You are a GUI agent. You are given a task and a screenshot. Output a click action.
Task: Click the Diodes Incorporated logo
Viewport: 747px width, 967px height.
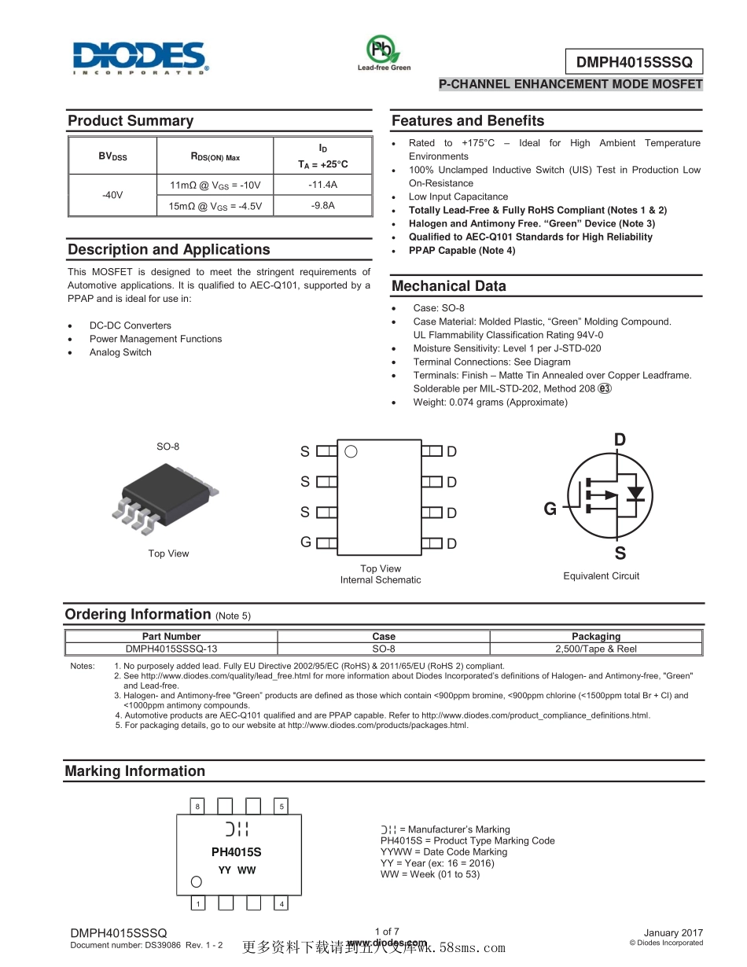pyautogui.click(x=141, y=58)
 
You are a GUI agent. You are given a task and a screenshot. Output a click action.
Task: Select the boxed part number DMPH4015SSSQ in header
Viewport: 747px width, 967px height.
pyautogui.click(x=634, y=62)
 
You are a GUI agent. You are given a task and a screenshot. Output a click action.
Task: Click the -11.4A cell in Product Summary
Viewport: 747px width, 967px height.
pyautogui.click(x=322, y=185)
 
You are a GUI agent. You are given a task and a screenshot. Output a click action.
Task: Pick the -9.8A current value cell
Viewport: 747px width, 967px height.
pyautogui.click(x=322, y=206)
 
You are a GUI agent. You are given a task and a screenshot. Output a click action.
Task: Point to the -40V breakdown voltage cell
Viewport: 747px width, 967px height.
pyautogui.click(x=112, y=195)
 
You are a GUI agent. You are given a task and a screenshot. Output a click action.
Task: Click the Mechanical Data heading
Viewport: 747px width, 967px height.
pyautogui.click(x=449, y=286)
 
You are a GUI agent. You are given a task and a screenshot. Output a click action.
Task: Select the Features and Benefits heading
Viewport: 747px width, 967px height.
pyautogui.click(x=468, y=121)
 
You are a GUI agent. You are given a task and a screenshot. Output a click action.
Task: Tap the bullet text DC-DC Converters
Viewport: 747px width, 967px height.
pyautogui.click(x=130, y=325)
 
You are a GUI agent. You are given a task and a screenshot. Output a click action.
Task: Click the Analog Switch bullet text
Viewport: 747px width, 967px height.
pyautogui.click(x=120, y=352)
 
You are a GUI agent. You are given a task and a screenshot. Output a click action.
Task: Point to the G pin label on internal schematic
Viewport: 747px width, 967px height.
pyautogui.click(x=305, y=542)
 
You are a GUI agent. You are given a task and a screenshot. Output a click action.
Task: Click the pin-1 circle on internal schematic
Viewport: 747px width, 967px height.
pyautogui.click(x=351, y=451)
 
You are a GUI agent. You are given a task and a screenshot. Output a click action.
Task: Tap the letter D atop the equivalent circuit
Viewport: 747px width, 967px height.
pyautogui.click(x=620, y=439)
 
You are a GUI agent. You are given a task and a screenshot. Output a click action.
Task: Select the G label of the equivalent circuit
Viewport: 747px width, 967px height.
pyautogui.click(x=550, y=509)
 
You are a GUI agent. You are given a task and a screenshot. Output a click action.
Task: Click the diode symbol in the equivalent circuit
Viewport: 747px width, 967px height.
pyautogui.click(x=635, y=493)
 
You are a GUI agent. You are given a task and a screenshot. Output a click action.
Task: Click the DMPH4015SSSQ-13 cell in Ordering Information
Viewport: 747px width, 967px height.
pyautogui.click(x=171, y=649)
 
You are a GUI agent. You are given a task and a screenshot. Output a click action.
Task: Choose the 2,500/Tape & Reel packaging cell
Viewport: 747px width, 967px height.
pyautogui.click(x=596, y=649)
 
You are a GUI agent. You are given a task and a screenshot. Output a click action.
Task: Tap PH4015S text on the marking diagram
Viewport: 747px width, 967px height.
pyautogui.click(x=236, y=852)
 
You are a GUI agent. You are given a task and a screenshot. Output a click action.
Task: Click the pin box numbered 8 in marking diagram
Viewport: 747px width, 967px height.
pyautogui.click(x=197, y=807)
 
